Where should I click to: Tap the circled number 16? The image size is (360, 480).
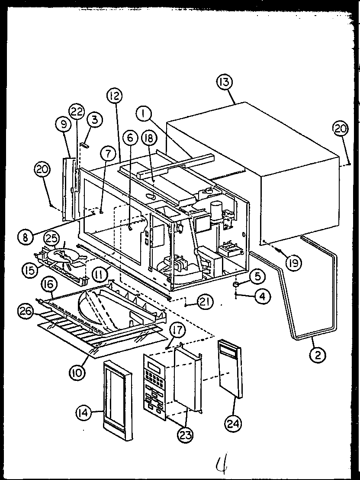(x=48, y=284)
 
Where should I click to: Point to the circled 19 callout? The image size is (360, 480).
(x=294, y=262)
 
